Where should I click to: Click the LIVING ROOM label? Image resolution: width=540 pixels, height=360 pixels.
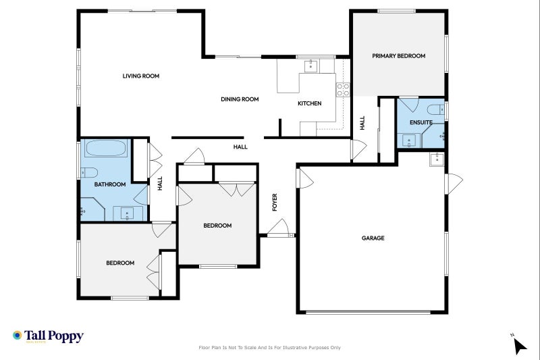tap(140, 76)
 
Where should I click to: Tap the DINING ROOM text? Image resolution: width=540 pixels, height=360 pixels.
tap(240, 99)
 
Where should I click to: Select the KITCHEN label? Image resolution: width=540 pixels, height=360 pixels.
tap(310, 103)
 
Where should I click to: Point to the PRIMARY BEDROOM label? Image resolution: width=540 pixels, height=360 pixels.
tap(398, 56)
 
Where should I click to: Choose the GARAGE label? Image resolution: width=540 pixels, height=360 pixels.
tap(373, 238)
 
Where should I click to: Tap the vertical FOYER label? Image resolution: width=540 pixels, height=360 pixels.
tap(275, 203)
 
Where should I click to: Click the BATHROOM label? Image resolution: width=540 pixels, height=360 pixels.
tap(110, 184)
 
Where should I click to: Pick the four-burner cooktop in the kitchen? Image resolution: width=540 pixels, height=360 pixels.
tap(343, 89)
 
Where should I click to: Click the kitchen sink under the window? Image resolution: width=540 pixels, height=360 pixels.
tap(311, 66)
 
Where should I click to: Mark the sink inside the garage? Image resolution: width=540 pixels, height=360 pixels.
tap(436, 159)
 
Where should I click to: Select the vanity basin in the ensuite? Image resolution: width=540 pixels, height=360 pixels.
tap(408, 140)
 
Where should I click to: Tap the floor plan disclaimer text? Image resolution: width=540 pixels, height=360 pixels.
tap(269, 348)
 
